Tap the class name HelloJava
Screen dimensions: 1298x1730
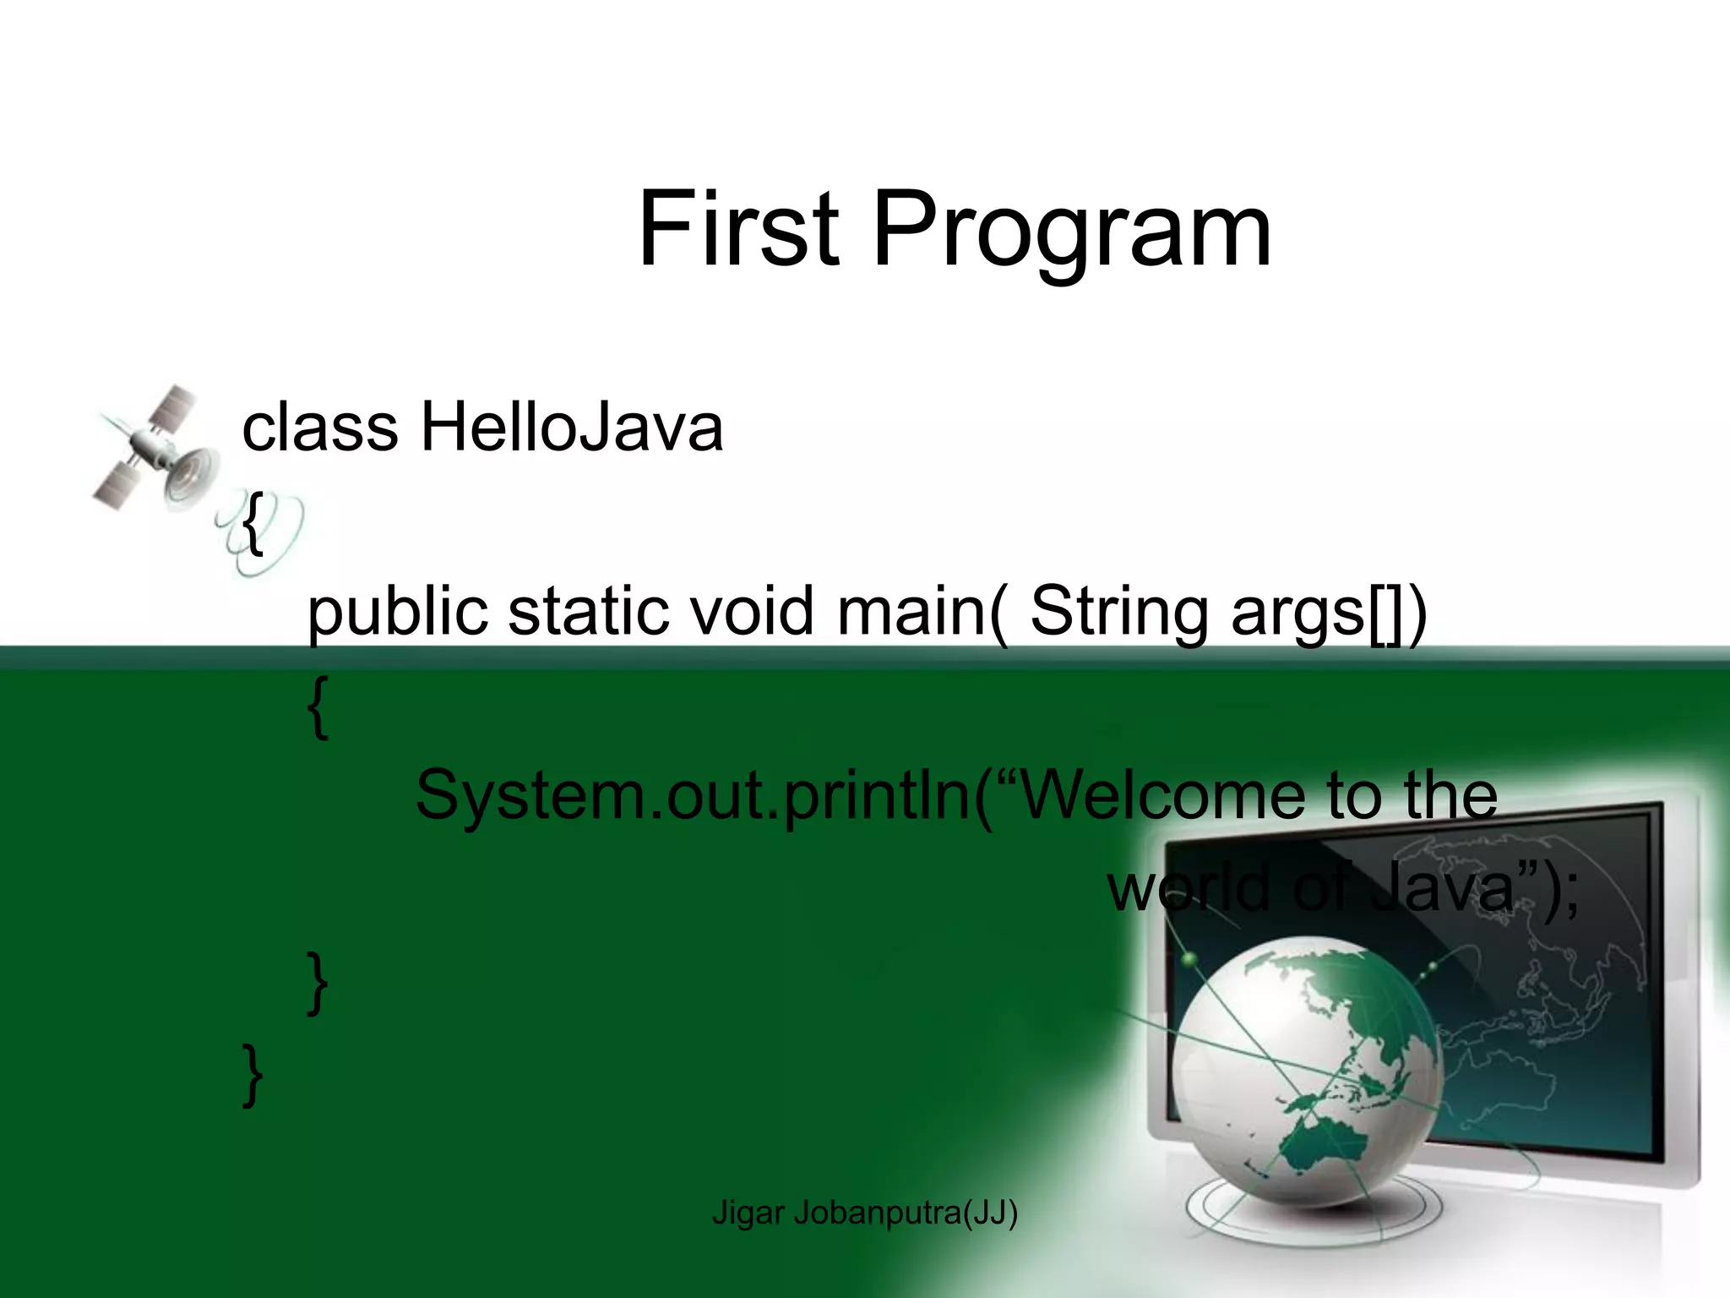(x=571, y=427)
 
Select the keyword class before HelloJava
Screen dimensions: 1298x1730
(x=319, y=427)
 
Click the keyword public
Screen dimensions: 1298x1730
(x=397, y=612)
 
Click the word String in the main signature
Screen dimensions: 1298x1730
(x=1120, y=612)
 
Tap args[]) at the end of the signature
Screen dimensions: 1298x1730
(x=1328, y=612)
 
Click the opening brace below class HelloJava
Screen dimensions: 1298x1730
(x=252, y=524)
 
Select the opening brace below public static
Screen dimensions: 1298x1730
(x=318, y=708)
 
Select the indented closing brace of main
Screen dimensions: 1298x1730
(x=318, y=984)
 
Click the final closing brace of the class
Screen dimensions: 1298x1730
(x=252, y=1075)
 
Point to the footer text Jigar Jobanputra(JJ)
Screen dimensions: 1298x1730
(x=864, y=1213)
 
